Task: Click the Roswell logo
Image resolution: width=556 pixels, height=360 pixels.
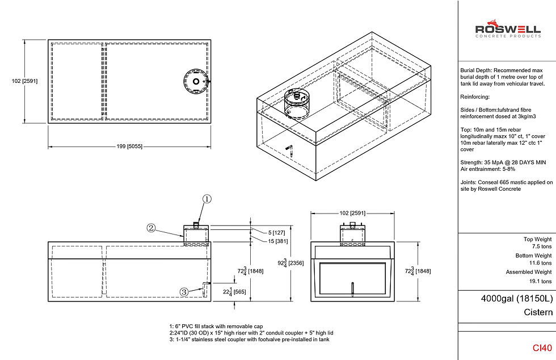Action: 507,31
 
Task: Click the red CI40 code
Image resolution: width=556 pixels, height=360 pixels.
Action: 542,348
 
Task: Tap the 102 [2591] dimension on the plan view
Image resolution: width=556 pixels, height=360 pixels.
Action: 24,81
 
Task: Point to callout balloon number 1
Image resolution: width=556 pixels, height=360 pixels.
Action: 207,199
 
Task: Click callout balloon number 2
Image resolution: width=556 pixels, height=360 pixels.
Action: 151,228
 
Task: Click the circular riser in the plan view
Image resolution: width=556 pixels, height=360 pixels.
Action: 196,82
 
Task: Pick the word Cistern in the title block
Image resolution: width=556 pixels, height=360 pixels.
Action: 538,312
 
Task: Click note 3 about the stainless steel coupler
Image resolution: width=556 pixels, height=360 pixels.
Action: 249,340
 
